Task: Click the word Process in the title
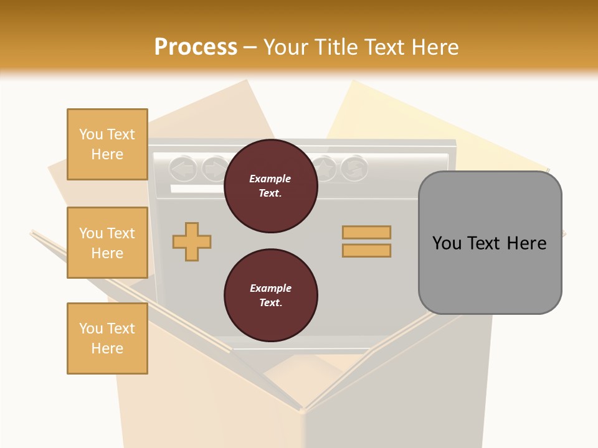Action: click(x=196, y=47)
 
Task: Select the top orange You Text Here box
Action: click(x=107, y=144)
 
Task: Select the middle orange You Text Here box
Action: click(x=107, y=243)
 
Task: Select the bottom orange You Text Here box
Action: click(x=107, y=338)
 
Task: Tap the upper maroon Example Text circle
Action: click(x=270, y=186)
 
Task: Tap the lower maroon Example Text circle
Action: click(x=270, y=296)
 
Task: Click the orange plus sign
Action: click(x=191, y=241)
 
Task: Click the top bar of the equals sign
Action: click(x=366, y=232)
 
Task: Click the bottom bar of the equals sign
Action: click(x=366, y=250)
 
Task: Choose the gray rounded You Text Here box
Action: click(x=490, y=243)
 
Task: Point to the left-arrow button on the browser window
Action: click(x=183, y=168)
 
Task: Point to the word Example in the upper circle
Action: click(x=270, y=179)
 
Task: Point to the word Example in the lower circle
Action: click(x=270, y=289)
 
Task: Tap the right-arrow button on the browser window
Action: click(x=214, y=168)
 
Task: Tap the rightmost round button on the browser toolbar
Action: click(x=354, y=168)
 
